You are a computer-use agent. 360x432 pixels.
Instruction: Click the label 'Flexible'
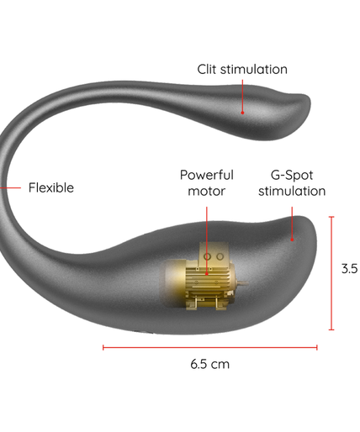[x=51, y=187]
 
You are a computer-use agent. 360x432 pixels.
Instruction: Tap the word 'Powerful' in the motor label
[x=207, y=175]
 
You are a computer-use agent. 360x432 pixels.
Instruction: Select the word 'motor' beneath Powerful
[x=207, y=191]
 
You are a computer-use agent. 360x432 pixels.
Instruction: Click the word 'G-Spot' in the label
[x=292, y=175]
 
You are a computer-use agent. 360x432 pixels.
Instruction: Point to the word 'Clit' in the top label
[x=207, y=69]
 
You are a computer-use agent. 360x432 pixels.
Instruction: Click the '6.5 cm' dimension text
[x=210, y=364]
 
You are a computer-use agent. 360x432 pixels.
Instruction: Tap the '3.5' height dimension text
[x=350, y=268]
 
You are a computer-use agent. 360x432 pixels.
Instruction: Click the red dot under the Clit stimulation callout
[x=242, y=113]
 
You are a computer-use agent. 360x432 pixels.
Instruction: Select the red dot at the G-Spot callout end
[x=292, y=240]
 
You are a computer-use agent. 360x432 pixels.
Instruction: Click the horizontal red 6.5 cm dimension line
[x=210, y=348]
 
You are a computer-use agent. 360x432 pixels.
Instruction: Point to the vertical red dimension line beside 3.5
[x=331, y=273]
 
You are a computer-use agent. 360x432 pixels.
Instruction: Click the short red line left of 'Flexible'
[x=10, y=187]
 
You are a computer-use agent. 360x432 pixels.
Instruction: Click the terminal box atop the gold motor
[x=214, y=252]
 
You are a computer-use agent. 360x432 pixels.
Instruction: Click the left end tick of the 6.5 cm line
[x=103, y=348]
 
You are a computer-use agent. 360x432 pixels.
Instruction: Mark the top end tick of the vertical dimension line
[x=331, y=217]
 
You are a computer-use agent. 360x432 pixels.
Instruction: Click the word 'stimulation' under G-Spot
[x=292, y=191]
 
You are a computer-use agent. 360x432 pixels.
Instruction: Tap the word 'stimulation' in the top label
[x=254, y=69]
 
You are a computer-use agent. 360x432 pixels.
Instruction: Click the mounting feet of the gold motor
[x=207, y=304]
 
